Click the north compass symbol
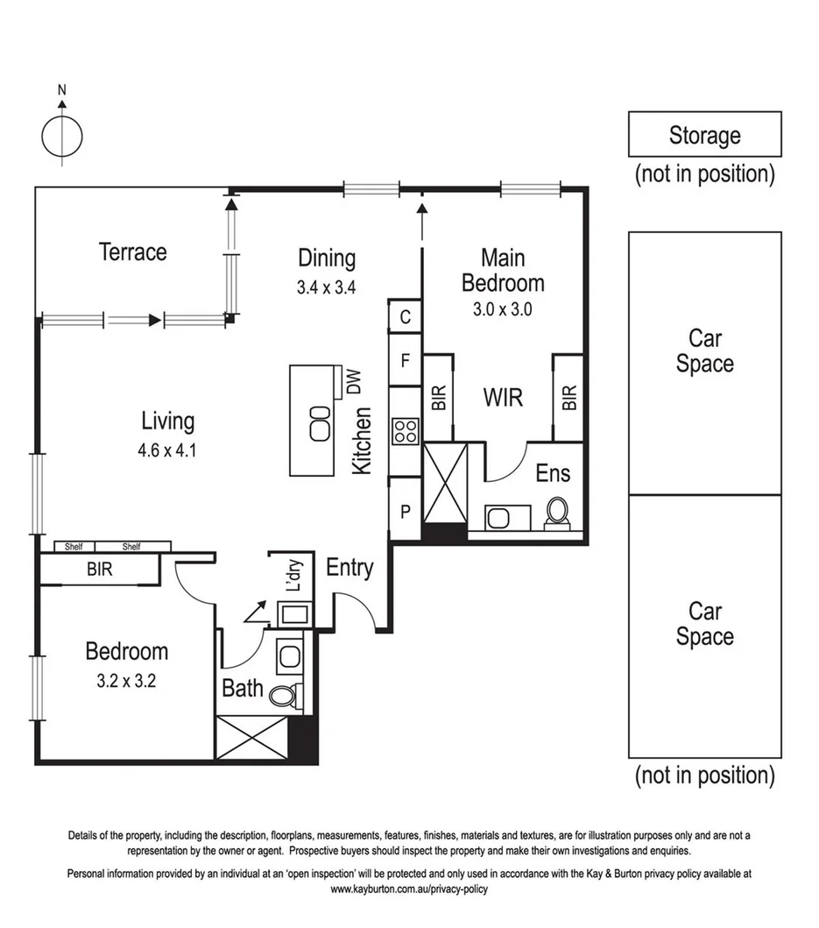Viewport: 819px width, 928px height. pyautogui.click(x=62, y=134)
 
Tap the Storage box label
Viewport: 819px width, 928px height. pyautogui.click(x=704, y=135)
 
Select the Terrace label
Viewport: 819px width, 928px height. pyautogui.click(x=132, y=252)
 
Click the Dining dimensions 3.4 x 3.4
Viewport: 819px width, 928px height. pyautogui.click(x=327, y=286)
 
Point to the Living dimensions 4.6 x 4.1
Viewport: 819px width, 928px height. pyautogui.click(x=167, y=453)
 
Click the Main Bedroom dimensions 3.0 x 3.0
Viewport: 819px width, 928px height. pyautogui.click(x=503, y=308)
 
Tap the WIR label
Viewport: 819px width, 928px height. pyautogui.click(x=503, y=397)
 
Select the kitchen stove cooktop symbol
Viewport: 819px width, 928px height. pyautogui.click(x=406, y=431)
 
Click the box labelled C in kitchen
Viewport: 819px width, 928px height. pyautogui.click(x=406, y=316)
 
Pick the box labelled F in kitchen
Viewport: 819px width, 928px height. pyautogui.click(x=406, y=360)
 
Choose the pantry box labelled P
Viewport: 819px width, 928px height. pyautogui.click(x=406, y=510)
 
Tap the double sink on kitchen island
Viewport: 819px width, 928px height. pyautogui.click(x=319, y=423)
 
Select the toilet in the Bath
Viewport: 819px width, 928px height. pyautogui.click(x=282, y=695)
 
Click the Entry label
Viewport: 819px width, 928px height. pyautogui.click(x=349, y=568)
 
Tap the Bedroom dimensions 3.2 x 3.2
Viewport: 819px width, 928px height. pyautogui.click(x=126, y=681)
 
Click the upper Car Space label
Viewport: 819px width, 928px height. pyautogui.click(x=704, y=351)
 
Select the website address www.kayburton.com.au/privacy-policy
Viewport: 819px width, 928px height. pyautogui.click(x=408, y=889)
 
